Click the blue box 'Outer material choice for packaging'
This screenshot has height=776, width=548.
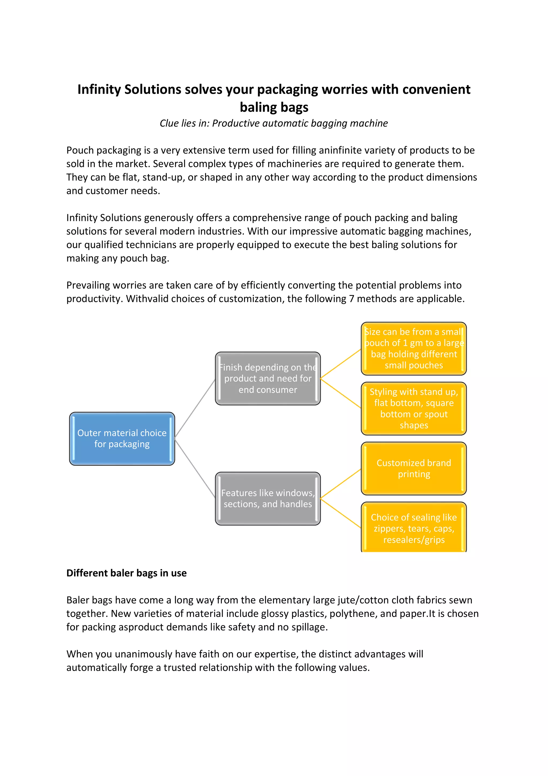[x=122, y=438]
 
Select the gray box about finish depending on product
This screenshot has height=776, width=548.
[x=268, y=378]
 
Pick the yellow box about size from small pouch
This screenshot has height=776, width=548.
[x=414, y=348]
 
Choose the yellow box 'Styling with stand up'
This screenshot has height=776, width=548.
[x=414, y=408]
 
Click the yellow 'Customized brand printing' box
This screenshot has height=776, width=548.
[x=414, y=468]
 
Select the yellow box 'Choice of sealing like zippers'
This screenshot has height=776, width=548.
[x=414, y=528]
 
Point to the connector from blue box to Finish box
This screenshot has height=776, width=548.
[x=195, y=408]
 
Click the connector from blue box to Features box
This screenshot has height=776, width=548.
[x=195, y=468]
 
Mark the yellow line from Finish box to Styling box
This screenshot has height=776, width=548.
[x=340, y=393]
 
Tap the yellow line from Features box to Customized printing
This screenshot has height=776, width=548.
[x=340, y=484]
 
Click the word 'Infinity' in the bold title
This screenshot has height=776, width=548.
[x=99, y=89]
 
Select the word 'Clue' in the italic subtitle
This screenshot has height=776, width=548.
[x=169, y=123]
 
